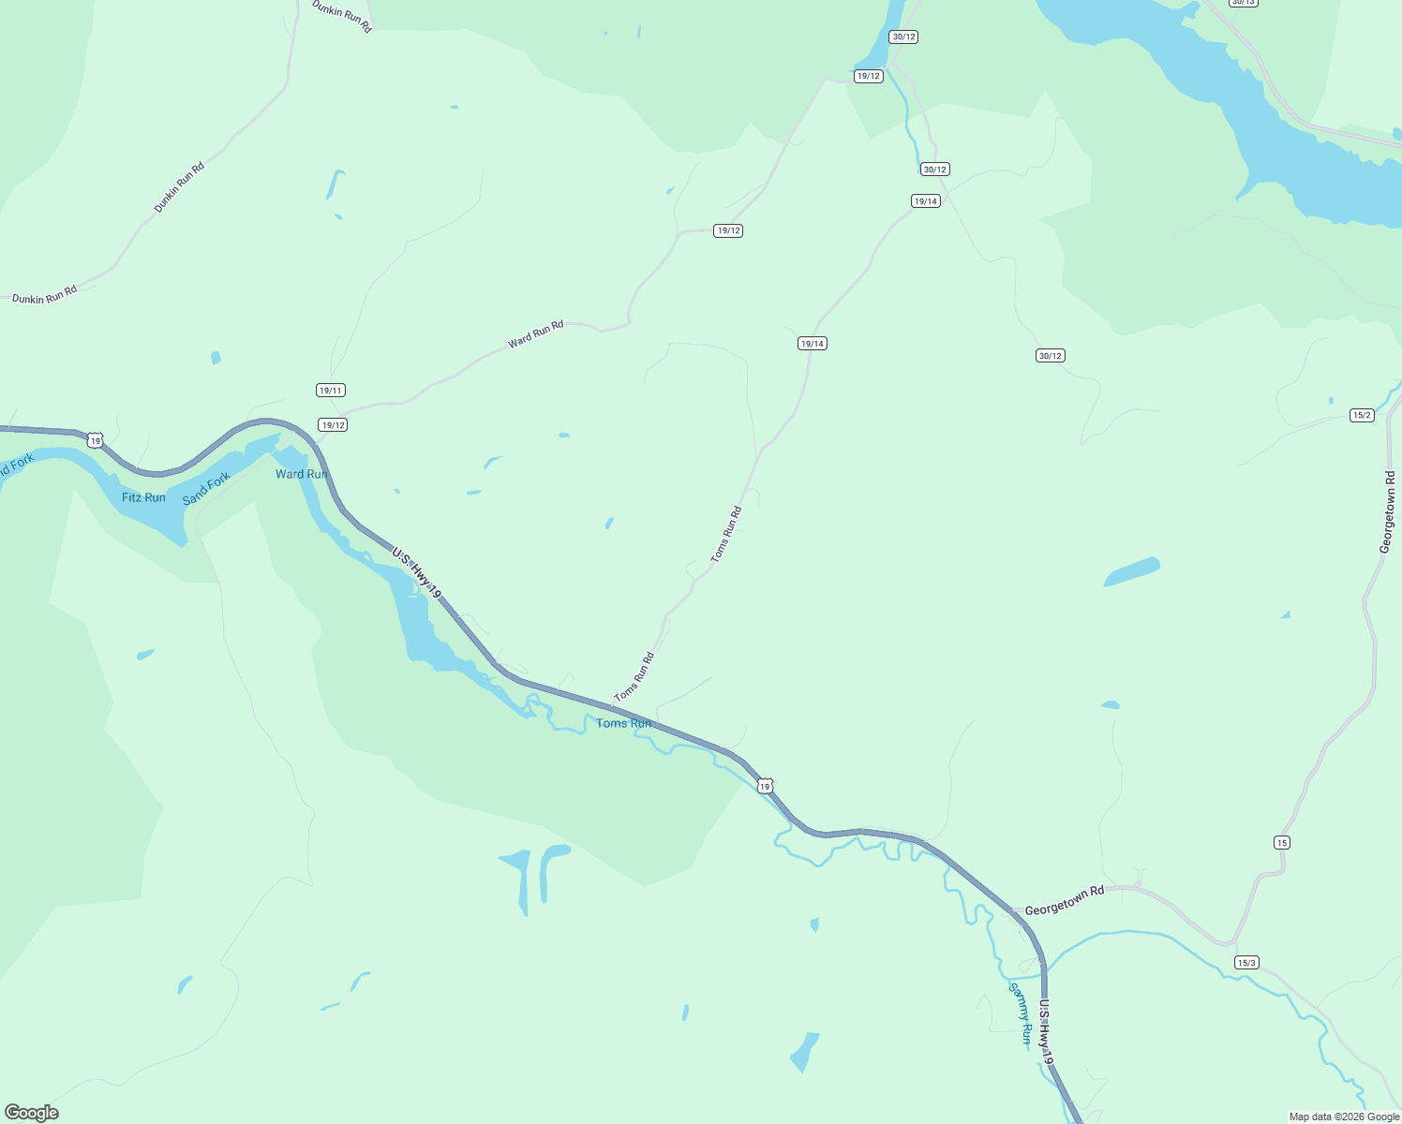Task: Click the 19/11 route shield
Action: [331, 391]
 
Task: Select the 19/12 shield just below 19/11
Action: [333, 425]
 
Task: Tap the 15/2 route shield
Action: [1362, 415]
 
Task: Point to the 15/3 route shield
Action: [1246, 963]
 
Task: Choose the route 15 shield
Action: [1282, 843]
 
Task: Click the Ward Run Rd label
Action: [536, 334]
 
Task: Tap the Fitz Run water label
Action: [143, 497]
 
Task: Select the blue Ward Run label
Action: [302, 474]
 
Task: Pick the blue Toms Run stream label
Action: [624, 723]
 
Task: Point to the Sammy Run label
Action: [1021, 1013]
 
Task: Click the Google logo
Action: [32, 1113]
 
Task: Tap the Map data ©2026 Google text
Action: [1344, 1117]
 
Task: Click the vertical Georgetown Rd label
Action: [1388, 511]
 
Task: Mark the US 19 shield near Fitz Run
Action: [95, 440]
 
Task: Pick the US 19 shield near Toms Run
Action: [766, 786]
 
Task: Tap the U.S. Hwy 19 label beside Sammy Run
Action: [1047, 1030]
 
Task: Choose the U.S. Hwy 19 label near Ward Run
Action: [416, 574]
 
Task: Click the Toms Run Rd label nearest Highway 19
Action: [634, 677]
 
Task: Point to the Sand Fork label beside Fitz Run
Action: [206, 488]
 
